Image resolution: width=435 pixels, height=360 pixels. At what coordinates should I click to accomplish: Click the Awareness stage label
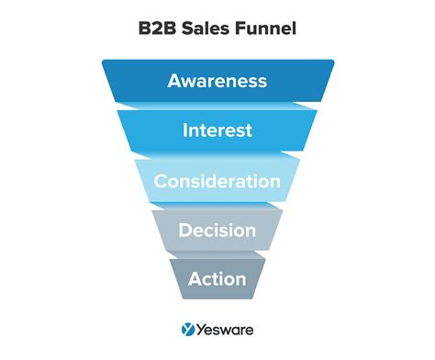point(217,81)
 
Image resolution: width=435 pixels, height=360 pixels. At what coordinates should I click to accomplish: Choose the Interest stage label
point(217,130)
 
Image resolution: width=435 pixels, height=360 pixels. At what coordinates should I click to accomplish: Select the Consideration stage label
point(217,181)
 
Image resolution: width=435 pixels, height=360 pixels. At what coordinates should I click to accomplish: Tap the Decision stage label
point(217,230)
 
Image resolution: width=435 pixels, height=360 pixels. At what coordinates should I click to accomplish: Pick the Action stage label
point(217,277)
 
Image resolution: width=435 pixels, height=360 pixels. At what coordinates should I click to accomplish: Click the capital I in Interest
point(185,130)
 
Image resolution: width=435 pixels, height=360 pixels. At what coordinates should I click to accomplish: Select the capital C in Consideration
point(161,181)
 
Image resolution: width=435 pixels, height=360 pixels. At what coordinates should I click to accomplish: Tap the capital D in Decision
point(185,230)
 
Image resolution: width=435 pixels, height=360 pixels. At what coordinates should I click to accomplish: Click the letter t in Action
point(217,277)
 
